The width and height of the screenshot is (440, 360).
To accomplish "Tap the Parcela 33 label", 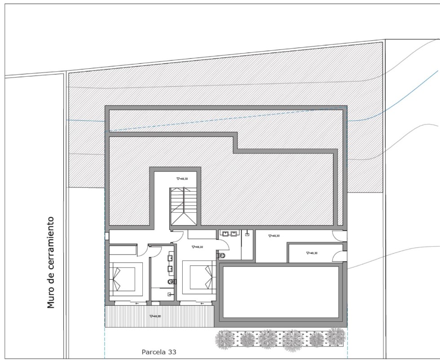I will [x=159, y=352].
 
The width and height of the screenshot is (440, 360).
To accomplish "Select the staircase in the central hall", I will [x=183, y=207].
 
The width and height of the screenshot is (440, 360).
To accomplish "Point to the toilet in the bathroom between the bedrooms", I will [x=172, y=282].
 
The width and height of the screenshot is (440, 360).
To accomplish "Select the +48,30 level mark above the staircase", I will [x=182, y=179].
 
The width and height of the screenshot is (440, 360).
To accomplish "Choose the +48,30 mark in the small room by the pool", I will [x=312, y=253].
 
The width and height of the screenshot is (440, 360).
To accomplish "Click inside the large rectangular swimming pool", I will [x=281, y=290].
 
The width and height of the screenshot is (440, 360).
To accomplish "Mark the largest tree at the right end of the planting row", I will [x=335, y=337].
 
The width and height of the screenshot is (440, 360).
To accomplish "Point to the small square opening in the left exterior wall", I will [x=107, y=236].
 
